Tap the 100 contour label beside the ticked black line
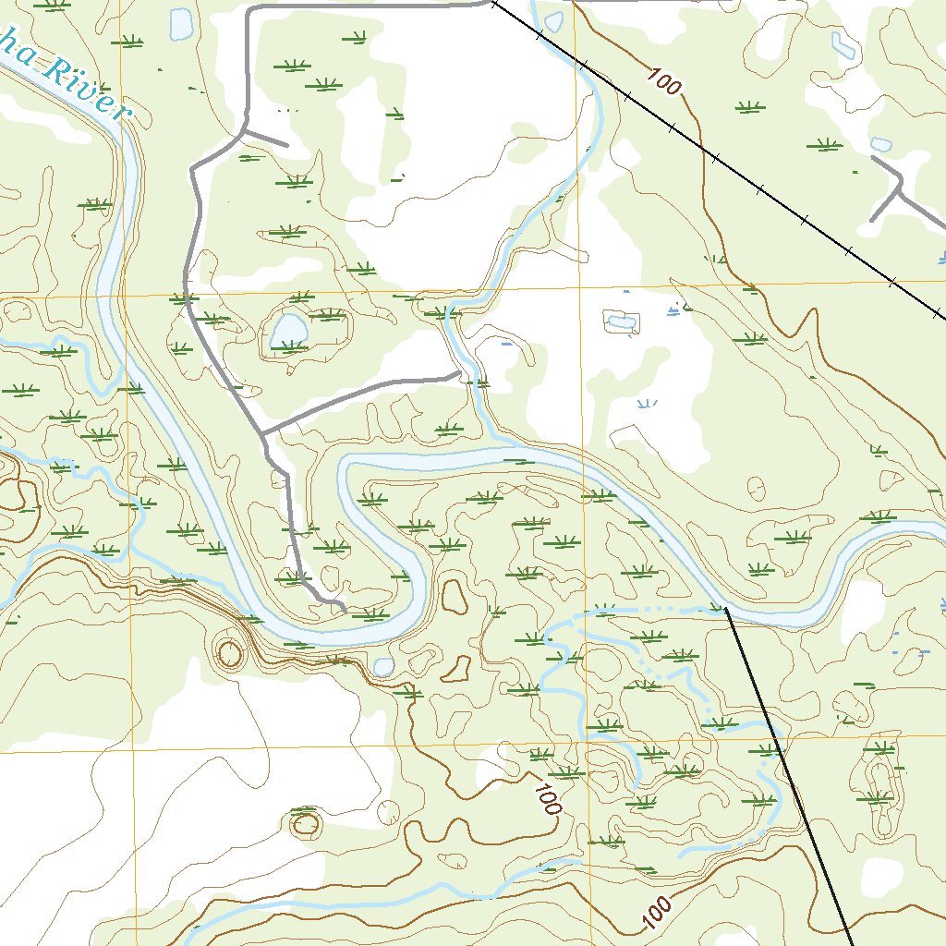point(663,82)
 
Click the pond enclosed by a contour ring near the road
point(288,330)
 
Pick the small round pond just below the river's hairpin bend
point(382,666)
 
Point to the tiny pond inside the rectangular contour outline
point(622,322)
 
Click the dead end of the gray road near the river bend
point(344,609)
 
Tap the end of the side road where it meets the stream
point(459,373)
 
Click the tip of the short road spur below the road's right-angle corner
point(286,145)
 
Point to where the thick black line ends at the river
point(726,609)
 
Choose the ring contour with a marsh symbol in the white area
point(305,821)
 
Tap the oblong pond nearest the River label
point(181,24)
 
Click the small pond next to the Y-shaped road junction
point(881,145)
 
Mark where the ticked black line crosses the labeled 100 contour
point(706,151)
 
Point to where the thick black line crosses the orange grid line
point(782,741)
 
